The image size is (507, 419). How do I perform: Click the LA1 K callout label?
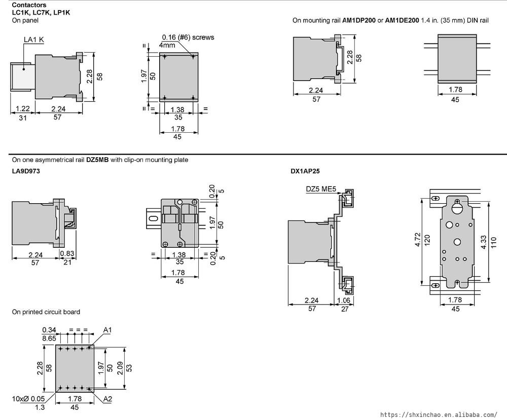coord(34,39)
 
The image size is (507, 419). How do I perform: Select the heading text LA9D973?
coord(26,171)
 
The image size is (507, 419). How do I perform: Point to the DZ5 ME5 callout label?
coord(321,189)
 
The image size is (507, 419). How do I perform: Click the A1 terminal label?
coord(107,330)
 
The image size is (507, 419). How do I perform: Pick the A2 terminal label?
coord(107,399)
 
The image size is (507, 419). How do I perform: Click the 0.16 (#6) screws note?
coord(188,37)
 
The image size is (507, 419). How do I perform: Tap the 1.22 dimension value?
coord(23,109)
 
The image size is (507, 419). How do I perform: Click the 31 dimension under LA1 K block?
coord(23,118)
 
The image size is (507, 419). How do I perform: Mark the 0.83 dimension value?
coord(67,253)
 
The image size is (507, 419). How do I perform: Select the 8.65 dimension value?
coord(49,337)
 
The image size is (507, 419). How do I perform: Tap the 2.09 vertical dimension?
coord(120,367)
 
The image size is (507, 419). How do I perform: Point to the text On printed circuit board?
coord(46,312)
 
